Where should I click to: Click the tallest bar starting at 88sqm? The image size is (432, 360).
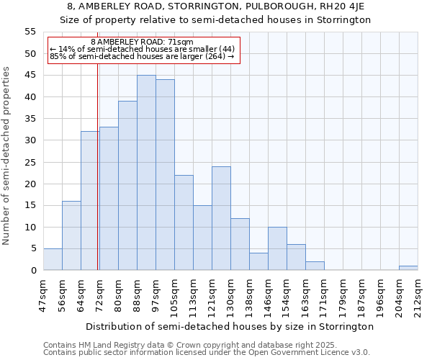click(146, 173)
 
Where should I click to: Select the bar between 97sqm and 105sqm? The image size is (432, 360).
click(165, 175)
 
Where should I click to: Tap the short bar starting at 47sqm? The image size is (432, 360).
click(53, 259)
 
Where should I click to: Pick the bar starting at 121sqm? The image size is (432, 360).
click(221, 218)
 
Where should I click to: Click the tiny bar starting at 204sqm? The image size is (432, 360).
click(408, 268)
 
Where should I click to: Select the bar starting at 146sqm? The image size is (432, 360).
click(277, 248)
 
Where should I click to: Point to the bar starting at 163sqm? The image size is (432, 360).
click(315, 266)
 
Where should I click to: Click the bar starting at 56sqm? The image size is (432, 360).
click(71, 235)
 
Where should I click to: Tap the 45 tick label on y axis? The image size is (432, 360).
click(30, 76)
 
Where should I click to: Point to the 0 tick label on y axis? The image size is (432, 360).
click(33, 271)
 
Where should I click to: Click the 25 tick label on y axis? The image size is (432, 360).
click(30, 162)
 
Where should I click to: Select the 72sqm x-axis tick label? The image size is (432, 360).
click(100, 295)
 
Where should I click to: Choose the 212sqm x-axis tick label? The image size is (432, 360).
click(418, 297)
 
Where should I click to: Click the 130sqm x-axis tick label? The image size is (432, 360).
click(231, 297)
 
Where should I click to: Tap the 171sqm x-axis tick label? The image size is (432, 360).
click(325, 297)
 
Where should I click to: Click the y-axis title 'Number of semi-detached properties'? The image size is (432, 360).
click(7, 156)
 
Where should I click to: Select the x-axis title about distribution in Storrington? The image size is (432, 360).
click(235, 326)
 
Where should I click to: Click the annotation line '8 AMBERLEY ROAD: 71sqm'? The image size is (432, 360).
click(143, 42)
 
